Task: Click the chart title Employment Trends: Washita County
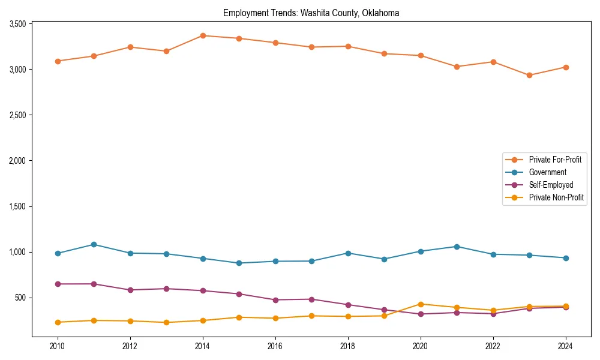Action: [311, 13]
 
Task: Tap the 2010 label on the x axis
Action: [58, 346]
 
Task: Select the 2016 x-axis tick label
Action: [275, 346]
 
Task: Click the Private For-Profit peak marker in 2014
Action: [203, 35]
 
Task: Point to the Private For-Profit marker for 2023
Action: [529, 76]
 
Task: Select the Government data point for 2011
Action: [94, 245]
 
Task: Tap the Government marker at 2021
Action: [457, 247]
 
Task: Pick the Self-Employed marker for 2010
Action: [58, 284]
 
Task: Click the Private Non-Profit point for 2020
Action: [421, 304]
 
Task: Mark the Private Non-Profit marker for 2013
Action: [166, 322]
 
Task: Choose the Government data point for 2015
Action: [239, 263]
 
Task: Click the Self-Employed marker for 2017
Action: [311, 299]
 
